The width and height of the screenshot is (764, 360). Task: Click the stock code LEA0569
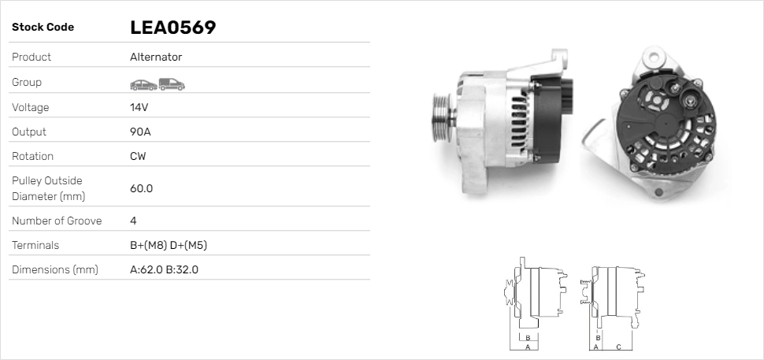[x=172, y=28]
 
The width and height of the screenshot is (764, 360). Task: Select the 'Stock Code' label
[x=43, y=28]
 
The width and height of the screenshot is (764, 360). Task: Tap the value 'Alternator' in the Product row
[x=156, y=58]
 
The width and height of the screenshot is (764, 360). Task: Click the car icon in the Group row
[x=143, y=84]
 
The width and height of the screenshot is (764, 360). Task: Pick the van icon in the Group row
[x=171, y=84]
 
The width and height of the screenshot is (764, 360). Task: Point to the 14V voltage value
[x=139, y=107]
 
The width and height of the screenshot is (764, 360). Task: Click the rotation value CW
[x=138, y=156]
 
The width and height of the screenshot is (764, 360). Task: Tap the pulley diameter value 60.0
[x=141, y=188]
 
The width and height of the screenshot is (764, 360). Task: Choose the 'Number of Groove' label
[x=57, y=221]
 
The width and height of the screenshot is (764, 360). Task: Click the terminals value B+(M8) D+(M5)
[x=168, y=245]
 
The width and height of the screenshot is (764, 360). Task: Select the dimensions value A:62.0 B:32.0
[x=164, y=269]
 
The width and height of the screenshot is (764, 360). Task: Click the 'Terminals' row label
[x=35, y=245]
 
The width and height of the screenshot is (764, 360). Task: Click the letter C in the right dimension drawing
[x=618, y=347]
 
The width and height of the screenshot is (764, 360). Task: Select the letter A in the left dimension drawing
[x=527, y=347]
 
